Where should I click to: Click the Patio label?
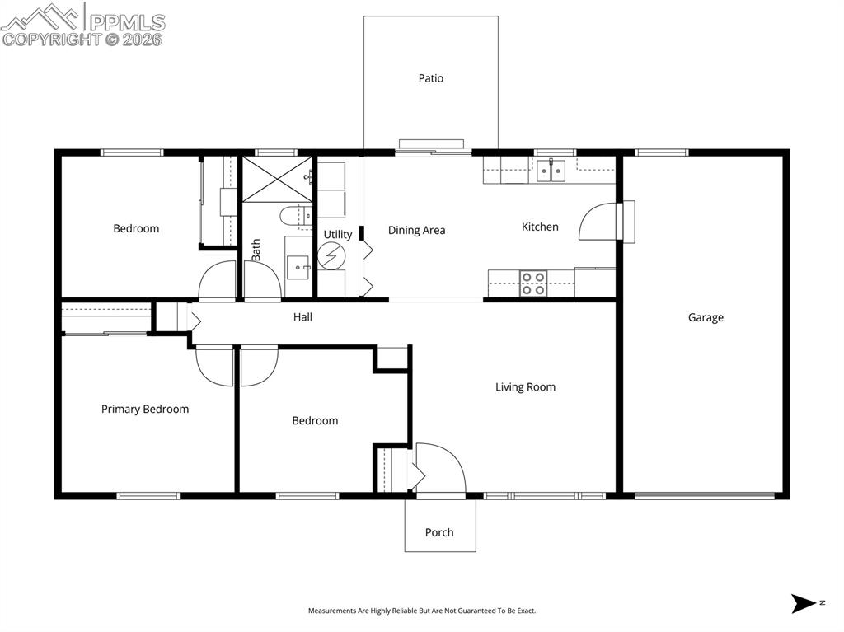pos(430,78)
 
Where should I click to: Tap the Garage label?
pos(706,317)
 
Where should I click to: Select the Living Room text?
pos(525,386)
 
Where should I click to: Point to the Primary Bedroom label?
pos(145,409)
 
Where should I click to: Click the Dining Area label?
pos(416,230)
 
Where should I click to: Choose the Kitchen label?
pos(540,227)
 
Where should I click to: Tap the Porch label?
pos(439,532)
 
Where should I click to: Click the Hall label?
pos(302,316)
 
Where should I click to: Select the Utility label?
pos(337,234)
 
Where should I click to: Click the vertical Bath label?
pos(256,250)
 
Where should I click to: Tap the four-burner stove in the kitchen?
pos(533,283)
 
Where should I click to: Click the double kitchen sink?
pos(551,171)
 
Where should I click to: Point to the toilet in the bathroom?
pos(293,217)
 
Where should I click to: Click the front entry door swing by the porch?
pos(440,468)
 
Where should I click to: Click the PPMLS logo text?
pos(125,22)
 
